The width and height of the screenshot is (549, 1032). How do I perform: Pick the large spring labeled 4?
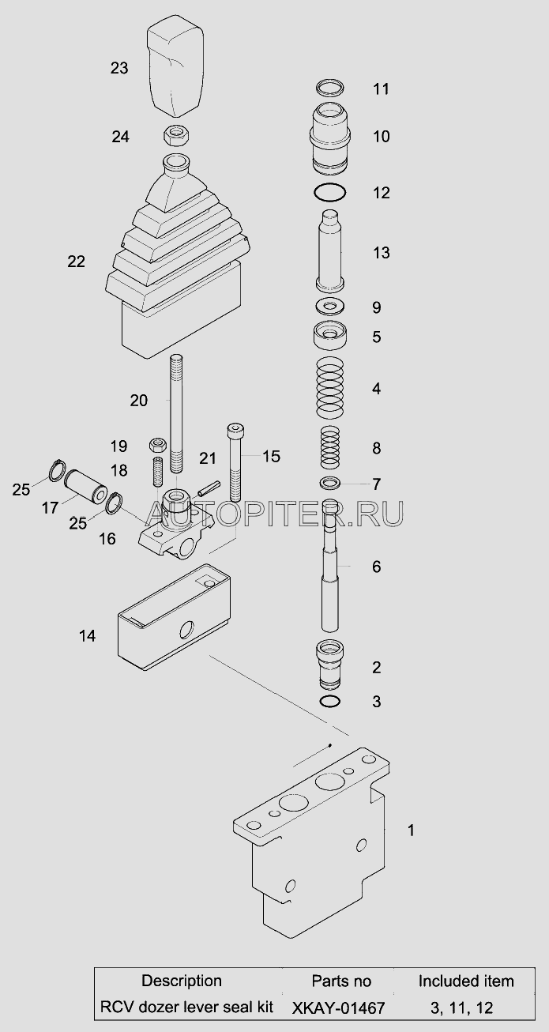(x=330, y=387)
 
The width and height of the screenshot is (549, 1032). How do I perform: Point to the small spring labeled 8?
(x=329, y=447)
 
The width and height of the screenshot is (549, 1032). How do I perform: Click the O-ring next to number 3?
(x=330, y=701)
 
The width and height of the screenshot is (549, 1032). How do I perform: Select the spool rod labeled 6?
(x=330, y=565)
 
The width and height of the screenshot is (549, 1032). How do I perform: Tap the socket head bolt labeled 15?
(x=234, y=462)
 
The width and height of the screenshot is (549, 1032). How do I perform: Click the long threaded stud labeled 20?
(x=176, y=414)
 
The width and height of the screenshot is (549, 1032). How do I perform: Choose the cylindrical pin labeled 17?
(x=85, y=486)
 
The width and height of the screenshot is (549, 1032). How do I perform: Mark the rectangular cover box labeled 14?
(x=174, y=616)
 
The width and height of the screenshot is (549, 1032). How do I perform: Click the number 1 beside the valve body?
(x=411, y=830)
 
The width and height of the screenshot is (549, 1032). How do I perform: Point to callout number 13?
(x=382, y=253)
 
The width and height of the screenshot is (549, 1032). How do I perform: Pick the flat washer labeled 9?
(x=330, y=306)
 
